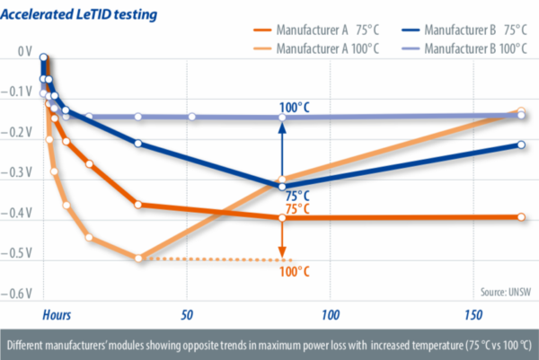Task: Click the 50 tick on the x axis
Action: (186, 316)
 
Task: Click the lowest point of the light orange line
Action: (138, 259)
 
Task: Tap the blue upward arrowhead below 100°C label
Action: (282, 126)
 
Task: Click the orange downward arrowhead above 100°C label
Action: (282, 253)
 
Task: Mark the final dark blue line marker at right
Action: (522, 145)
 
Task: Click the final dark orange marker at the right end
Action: (522, 217)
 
